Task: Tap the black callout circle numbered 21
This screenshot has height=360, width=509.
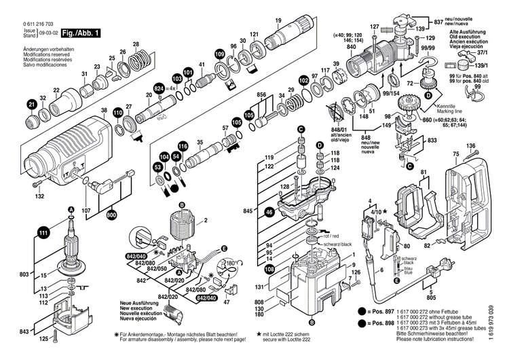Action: (x=31, y=104)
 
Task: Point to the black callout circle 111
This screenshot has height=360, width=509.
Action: (x=43, y=233)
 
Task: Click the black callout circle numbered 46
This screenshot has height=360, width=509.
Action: (x=270, y=213)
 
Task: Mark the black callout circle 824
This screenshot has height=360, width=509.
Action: (x=159, y=88)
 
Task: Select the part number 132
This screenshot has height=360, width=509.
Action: (x=40, y=196)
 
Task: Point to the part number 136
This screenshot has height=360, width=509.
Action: (x=470, y=145)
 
